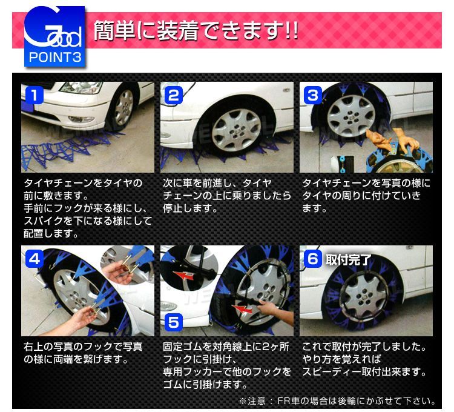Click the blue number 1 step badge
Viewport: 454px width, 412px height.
click(x=35, y=95)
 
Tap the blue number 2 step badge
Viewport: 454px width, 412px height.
click(x=174, y=95)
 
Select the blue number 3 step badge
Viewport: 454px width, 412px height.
click(x=313, y=95)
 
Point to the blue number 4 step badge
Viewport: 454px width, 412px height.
click(x=35, y=259)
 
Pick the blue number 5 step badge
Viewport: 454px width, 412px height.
click(x=174, y=322)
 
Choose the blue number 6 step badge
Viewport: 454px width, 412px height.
click(x=313, y=259)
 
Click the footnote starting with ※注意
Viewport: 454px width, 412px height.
click(x=338, y=400)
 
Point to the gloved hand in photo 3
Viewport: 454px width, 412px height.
click(x=400, y=139)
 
